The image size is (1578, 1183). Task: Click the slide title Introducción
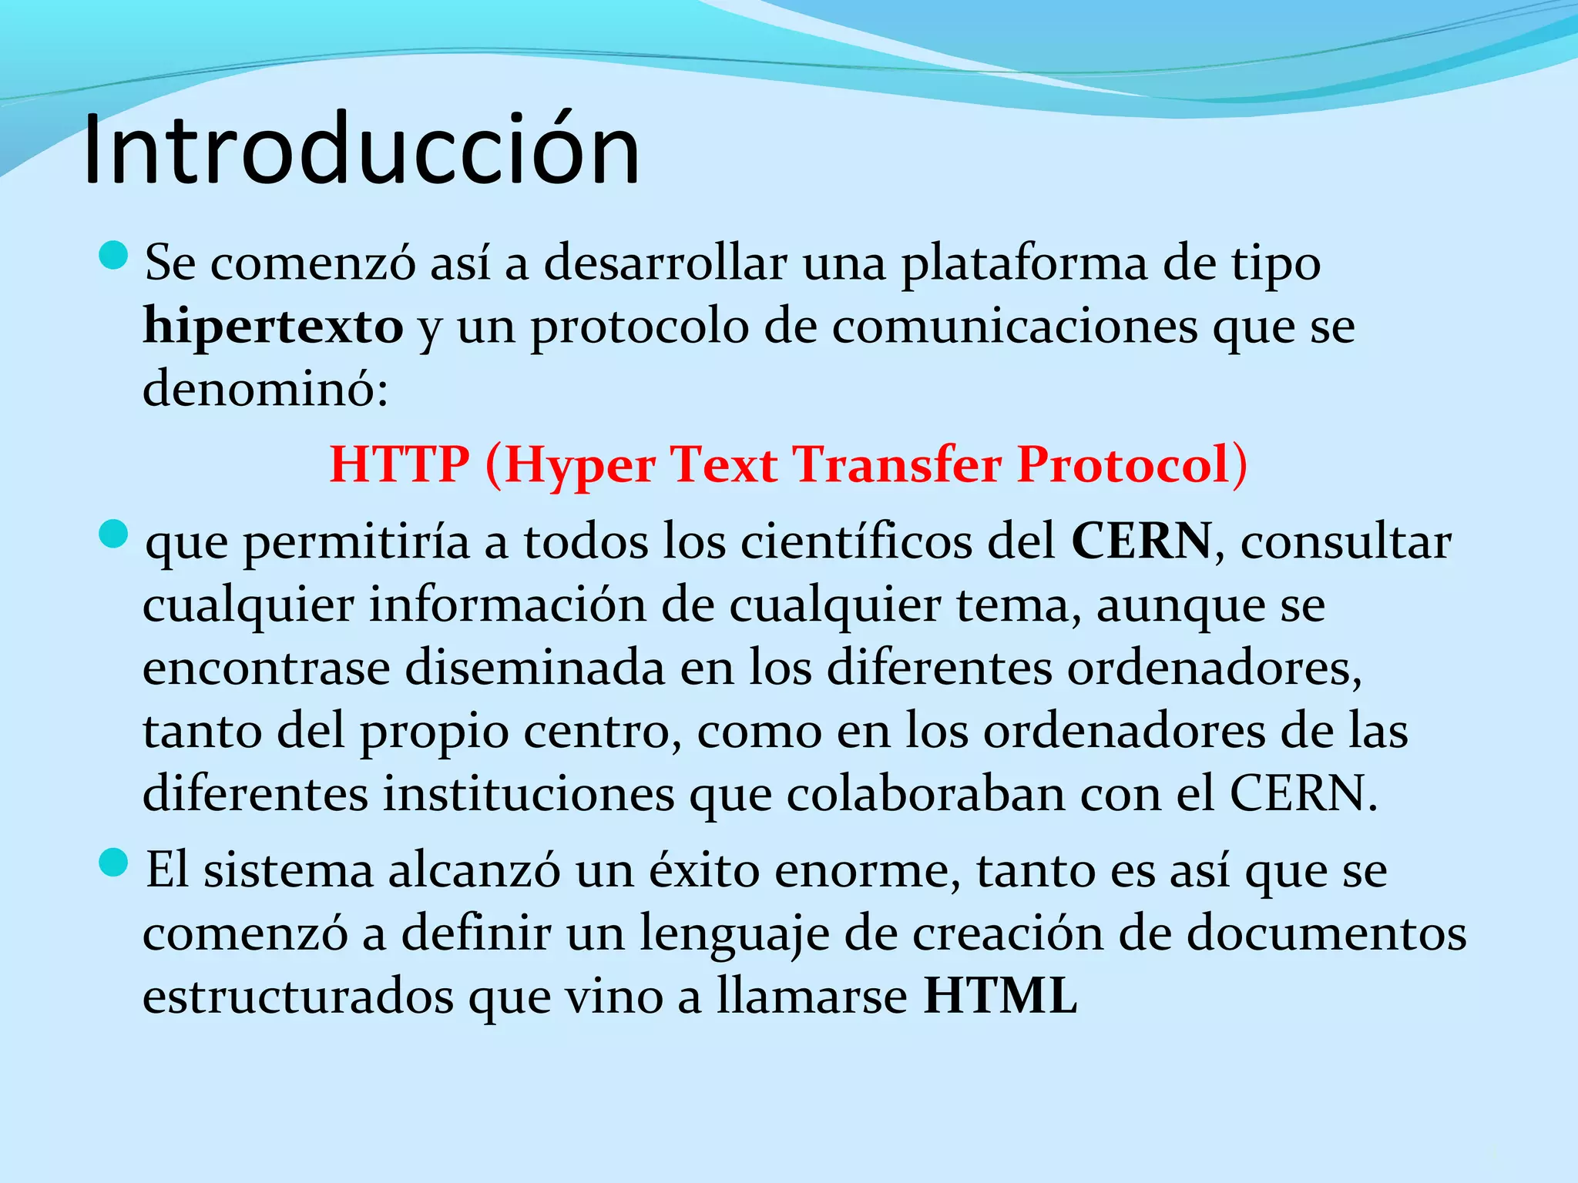click(x=361, y=149)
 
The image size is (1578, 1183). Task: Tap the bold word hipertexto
click(x=273, y=327)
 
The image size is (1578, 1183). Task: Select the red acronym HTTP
click(x=399, y=464)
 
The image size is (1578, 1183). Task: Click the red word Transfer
click(x=898, y=464)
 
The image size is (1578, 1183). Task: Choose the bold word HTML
click(x=1000, y=996)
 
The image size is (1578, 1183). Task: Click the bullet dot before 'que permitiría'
click(x=113, y=534)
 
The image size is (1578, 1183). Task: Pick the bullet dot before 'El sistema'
click(x=113, y=863)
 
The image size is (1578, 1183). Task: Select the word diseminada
click(x=535, y=667)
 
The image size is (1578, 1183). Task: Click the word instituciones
click(x=529, y=793)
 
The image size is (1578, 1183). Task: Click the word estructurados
click(x=298, y=996)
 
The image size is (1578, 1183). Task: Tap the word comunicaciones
click(x=1015, y=327)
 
